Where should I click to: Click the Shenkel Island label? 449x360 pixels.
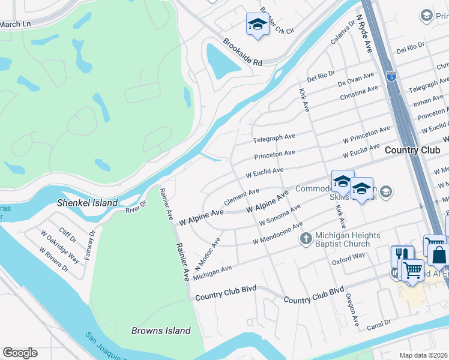coord(88,203)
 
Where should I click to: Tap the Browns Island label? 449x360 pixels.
coord(161,331)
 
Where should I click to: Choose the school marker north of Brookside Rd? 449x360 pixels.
coord(257,25)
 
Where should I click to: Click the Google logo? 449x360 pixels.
coord(20,353)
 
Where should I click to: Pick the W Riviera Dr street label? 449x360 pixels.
coord(52,260)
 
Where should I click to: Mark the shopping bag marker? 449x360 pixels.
coord(438,254)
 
